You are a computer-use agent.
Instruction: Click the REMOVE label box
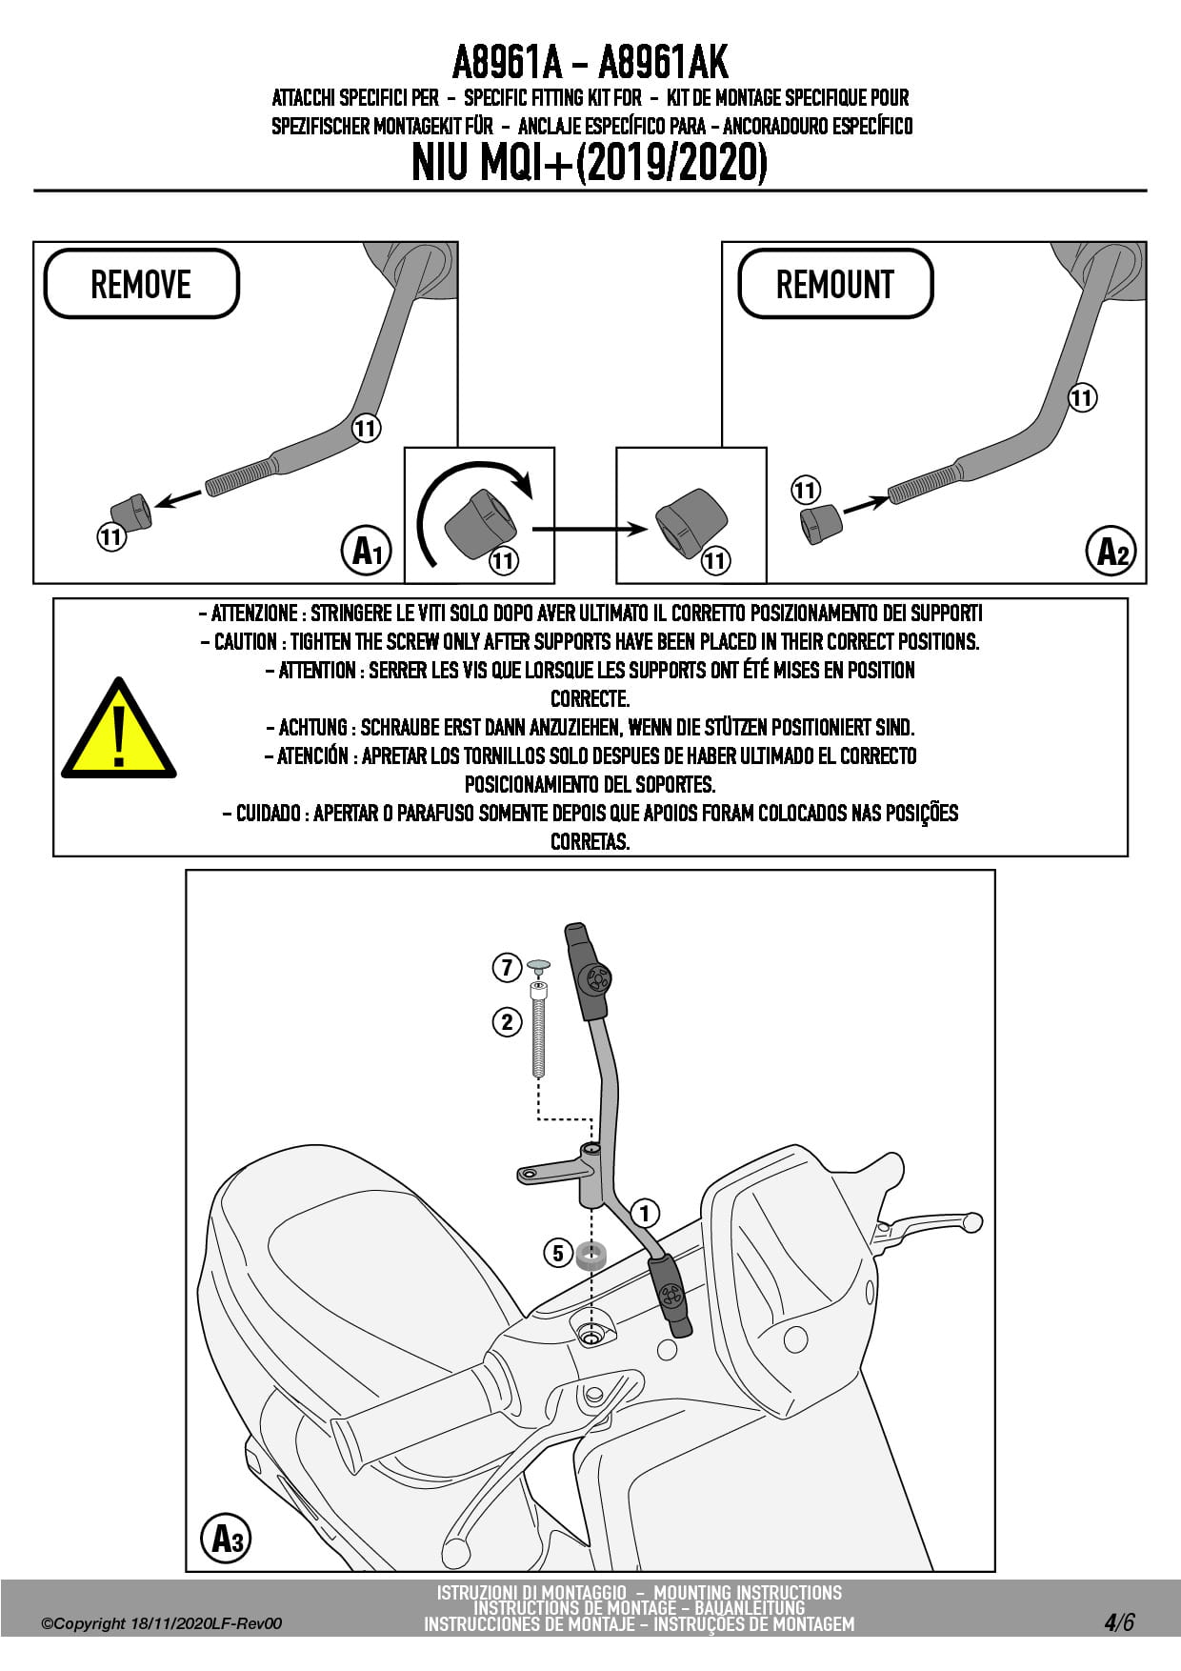click(x=141, y=284)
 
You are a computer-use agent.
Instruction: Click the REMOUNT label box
click(x=835, y=284)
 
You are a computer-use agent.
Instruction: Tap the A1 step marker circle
click(x=366, y=551)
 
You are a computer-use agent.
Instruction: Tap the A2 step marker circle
click(x=1111, y=551)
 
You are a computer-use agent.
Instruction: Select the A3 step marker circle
click(x=226, y=1538)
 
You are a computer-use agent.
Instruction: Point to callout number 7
click(x=507, y=968)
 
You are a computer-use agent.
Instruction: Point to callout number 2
click(x=507, y=1022)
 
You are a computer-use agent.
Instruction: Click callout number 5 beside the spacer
click(x=558, y=1252)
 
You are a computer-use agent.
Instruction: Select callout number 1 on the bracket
click(x=645, y=1213)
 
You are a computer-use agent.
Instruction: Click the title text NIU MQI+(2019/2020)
click(x=590, y=163)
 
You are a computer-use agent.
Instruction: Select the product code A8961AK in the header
click(x=663, y=63)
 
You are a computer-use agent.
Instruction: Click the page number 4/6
click(x=1119, y=1621)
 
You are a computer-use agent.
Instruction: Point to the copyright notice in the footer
click(x=161, y=1624)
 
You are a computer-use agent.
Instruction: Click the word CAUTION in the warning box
click(x=246, y=642)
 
